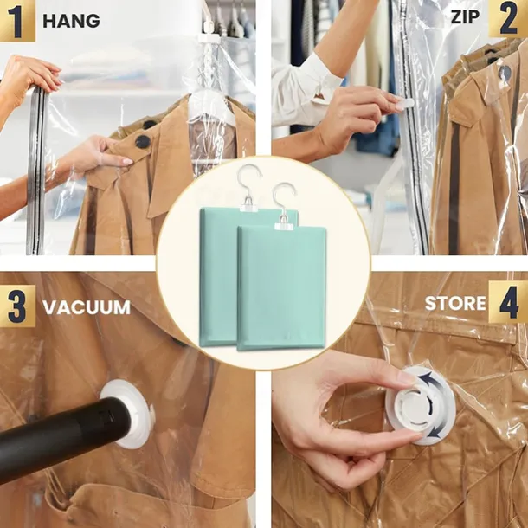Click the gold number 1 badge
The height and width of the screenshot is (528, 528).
16,20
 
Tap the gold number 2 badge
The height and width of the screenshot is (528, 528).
508,18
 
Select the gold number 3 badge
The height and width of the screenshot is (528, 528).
17,306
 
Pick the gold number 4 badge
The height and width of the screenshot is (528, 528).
508,302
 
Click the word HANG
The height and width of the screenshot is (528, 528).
71,21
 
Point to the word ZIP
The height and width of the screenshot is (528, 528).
465,16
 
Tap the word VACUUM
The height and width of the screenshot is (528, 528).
87,307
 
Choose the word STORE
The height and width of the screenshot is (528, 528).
455,304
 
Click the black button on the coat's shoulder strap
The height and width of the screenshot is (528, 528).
143,141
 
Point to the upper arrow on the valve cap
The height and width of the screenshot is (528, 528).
430,381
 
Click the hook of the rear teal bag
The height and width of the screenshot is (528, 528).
248,181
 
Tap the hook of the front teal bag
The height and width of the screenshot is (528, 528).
284,199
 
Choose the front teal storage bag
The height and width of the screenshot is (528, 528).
281,288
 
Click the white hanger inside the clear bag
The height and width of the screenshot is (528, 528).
212,107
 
